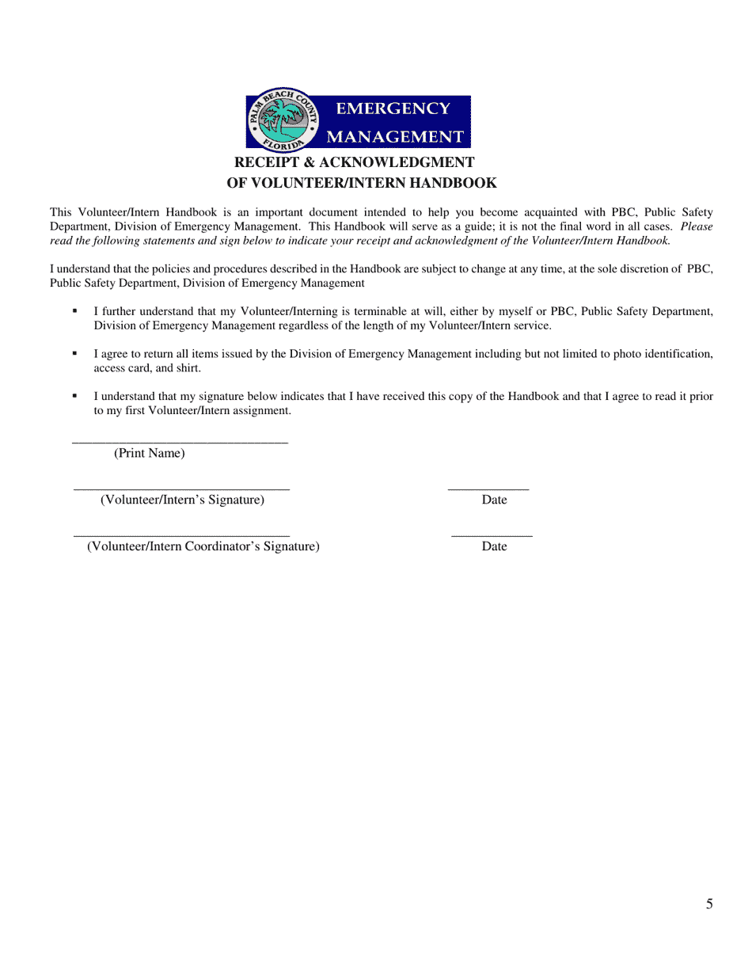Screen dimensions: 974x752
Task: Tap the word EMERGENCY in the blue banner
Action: (x=393, y=108)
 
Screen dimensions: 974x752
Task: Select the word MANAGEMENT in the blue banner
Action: (x=395, y=136)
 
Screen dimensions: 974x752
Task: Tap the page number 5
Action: (x=709, y=904)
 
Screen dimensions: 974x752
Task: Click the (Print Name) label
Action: (x=149, y=453)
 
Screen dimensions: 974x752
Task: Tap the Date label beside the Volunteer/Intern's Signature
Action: (x=494, y=500)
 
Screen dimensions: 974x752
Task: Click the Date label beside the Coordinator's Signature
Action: (x=494, y=546)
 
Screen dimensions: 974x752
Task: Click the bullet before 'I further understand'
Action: (x=75, y=311)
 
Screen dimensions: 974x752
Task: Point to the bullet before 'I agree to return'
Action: (x=75, y=353)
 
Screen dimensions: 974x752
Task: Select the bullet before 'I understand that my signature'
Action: (x=75, y=395)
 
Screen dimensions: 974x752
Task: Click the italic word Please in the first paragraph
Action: (x=697, y=226)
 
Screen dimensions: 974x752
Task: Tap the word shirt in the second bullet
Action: (x=186, y=368)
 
